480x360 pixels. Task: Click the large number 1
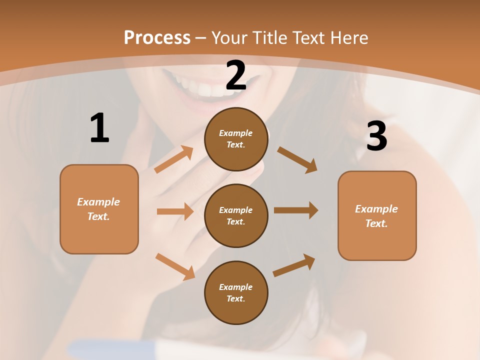point(99,128)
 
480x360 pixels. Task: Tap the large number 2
point(236,75)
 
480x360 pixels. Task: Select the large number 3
point(376,136)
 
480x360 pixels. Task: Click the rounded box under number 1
point(99,209)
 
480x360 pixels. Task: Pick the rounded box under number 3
point(377,216)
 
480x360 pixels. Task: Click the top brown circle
point(236,139)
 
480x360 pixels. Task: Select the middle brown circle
point(236,216)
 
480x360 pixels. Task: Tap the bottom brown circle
point(236,293)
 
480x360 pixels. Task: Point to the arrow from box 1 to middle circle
point(175,211)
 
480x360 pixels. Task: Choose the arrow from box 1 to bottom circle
point(175,266)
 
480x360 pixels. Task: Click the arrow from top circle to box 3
point(297,159)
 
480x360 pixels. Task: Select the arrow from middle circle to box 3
point(296,210)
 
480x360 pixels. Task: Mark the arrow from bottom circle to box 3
point(294,265)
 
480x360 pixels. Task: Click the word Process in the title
point(157,37)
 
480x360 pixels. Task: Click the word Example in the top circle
point(236,133)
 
